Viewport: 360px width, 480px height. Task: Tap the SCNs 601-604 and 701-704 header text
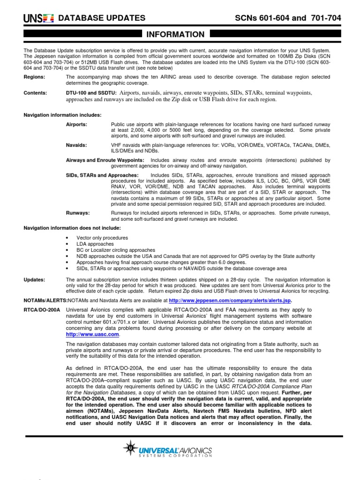(x=287, y=18)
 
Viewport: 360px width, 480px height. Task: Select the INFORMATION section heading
(x=176, y=34)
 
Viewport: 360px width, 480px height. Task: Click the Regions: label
(x=34, y=77)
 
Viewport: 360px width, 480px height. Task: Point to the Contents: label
(x=35, y=93)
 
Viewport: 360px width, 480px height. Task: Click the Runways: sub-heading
(x=78, y=213)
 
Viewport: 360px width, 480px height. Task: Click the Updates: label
(x=34, y=279)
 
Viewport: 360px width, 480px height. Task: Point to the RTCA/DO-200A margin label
(x=41, y=310)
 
